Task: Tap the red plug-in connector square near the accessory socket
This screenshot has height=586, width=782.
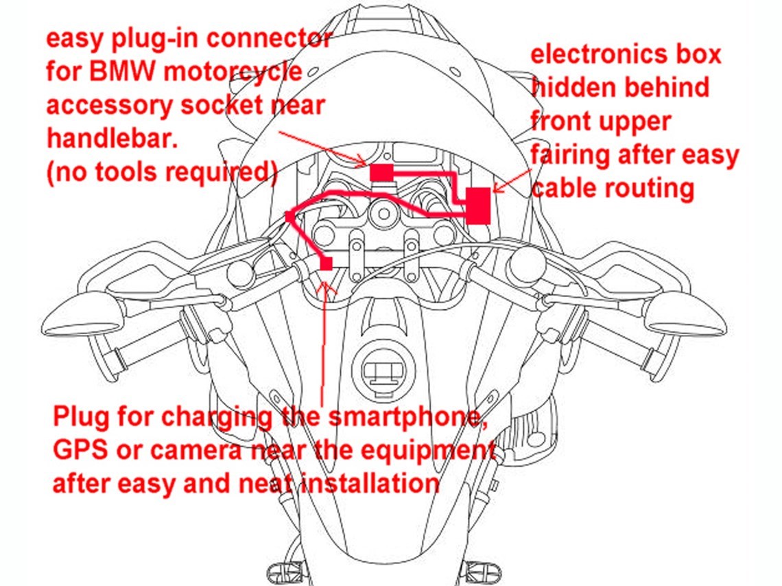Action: [x=381, y=172]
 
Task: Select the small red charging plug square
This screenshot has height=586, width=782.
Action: [x=327, y=263]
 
